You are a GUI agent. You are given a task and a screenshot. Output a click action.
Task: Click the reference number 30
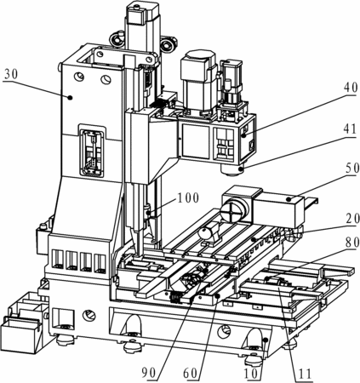(11, 74)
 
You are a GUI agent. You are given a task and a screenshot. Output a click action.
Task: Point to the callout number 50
(352, 169)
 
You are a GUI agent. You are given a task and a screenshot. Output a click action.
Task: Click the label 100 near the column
(188, 198)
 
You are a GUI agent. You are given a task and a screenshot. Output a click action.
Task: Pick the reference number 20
(352, 219)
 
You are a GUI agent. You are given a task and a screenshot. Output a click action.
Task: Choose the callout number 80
(352, 242)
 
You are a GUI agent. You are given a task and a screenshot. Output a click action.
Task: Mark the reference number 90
(149, 373)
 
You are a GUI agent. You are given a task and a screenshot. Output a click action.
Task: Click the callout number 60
(191, 373)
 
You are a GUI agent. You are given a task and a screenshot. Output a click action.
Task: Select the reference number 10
(252, 373)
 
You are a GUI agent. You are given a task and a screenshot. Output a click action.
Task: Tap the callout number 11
(304, 373)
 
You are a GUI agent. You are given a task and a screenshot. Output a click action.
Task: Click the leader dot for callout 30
(70, 97)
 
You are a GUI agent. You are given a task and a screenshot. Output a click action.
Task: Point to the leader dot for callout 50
(289, 199)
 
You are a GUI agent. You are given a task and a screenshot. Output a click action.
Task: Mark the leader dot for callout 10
(266, 340)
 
